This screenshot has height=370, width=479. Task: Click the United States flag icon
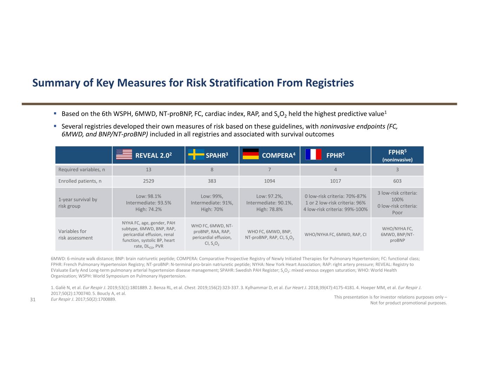[124, 154]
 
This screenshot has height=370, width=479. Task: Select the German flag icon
[251, 154]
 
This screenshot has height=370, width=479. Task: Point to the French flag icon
[313, 154]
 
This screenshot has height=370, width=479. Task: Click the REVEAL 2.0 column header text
[153, 155]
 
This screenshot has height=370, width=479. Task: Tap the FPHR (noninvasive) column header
[397, 155]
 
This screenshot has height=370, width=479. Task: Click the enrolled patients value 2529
[148, 181]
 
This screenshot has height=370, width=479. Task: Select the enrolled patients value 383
[212, 181]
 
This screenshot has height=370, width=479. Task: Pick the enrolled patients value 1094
[270, 181]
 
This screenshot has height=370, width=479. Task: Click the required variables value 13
[148, 170]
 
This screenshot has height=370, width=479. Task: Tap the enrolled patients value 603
[397, 181]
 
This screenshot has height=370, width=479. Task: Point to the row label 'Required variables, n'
[81, 170]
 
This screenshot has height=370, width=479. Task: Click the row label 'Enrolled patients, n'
[80, 181]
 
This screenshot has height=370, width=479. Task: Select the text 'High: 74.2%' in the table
[148, 209]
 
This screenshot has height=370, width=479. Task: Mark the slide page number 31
[33, 300]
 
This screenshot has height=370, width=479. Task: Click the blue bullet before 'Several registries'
[55, 126]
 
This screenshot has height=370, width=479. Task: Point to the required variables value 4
[335, 170]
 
